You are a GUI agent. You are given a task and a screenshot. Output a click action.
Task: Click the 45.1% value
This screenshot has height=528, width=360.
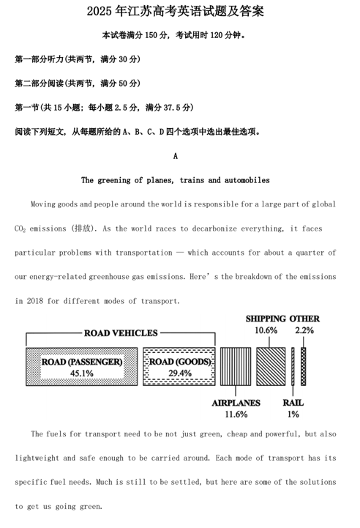(x=81, y=373)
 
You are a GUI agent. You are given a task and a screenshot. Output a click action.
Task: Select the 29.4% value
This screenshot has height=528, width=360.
(x=179, y=373)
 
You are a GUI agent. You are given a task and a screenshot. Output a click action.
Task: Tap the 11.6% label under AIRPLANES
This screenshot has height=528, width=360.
(x=236, y=414)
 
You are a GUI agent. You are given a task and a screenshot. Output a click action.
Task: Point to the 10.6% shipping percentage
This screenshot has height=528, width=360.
(x=266, y=330)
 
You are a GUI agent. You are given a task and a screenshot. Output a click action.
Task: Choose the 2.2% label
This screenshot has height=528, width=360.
(x=304, y=330)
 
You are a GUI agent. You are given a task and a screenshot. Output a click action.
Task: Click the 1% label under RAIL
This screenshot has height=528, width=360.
(x=293, y=414)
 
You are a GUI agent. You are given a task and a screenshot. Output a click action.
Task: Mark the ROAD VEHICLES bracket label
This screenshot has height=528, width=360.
(x=121, y=333)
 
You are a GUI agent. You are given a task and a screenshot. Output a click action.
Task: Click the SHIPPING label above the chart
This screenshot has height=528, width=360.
(x=266, y=319)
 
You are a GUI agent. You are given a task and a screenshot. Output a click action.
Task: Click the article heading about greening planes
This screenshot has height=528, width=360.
(x=175, y=180)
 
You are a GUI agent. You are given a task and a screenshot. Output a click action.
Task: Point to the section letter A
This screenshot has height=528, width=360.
(x=176, y=156)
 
